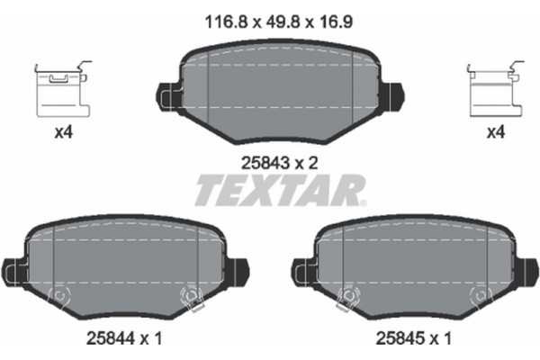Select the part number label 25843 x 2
(x=281, y=163)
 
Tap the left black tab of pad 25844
(x=11, y=267)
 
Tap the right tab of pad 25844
(x=236, y=267)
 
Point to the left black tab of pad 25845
(x=301, y=267)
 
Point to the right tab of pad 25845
(x=527, y=267)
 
